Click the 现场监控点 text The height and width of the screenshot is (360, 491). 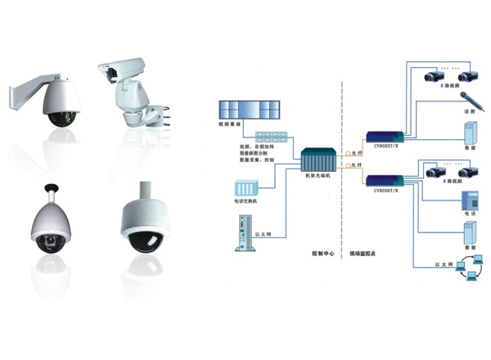pos(363,254)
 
